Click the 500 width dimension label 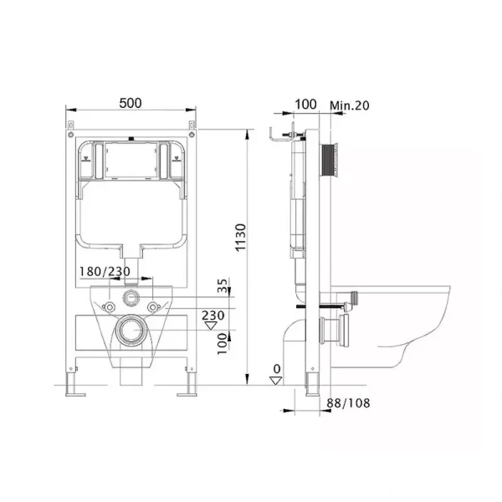click(131, 103)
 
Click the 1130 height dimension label click(240, 238)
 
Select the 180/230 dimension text click(105, 271)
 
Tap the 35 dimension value click(223, 285)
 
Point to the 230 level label click(213, 315)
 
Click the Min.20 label click(350, 105)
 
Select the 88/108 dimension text click(348, 402)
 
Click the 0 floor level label click(277, 369)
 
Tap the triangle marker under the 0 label click(275, 381)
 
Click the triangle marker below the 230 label click(211, 325)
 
